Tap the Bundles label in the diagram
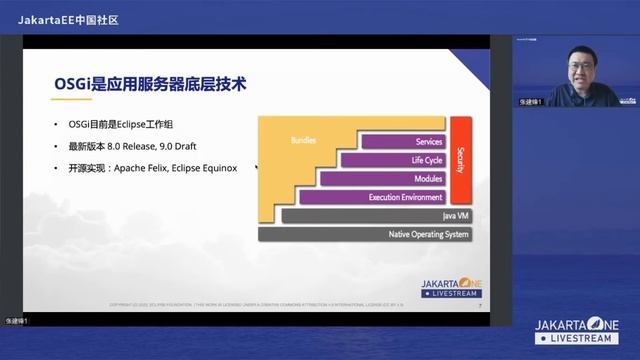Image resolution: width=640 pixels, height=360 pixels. [x=304, y=140]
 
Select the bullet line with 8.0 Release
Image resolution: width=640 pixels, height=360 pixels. [x=139, y=147]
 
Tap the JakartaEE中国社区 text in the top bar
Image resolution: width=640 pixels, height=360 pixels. [x=68, y=19]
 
